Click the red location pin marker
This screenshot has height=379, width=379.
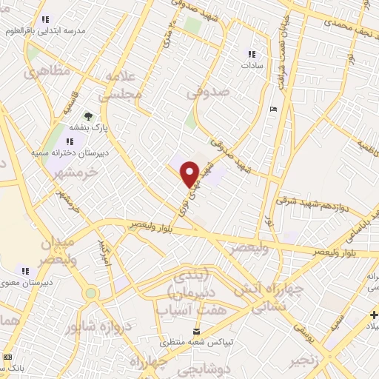(190, 173)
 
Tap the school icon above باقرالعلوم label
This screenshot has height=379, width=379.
(45, 20)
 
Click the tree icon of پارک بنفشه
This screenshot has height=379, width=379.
(88, 116)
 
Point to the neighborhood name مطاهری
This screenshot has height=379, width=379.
(46, 73)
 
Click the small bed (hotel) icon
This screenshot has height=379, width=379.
(274, 110)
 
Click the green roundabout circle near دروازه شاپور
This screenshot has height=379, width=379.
(90, 293)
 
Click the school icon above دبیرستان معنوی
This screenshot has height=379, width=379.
(25, 270)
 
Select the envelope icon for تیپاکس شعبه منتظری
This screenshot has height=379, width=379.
(196, 332)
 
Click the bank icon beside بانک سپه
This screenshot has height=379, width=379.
(7, 357)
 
